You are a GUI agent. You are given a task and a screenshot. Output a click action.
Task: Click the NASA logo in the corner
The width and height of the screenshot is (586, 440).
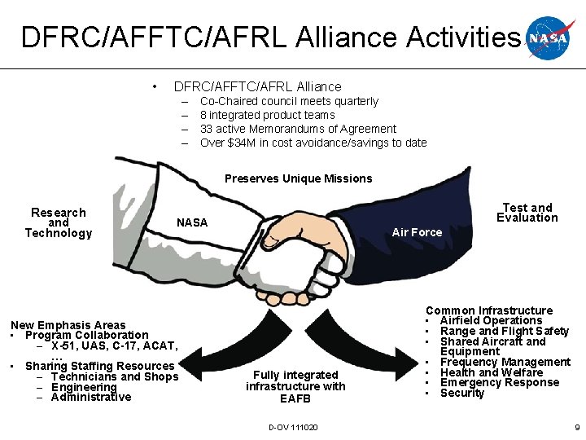pyautogui.click(x=552, y=37)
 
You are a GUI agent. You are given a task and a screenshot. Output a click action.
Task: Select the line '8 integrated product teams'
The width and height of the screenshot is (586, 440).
pyautogui.click(x=267, y=115)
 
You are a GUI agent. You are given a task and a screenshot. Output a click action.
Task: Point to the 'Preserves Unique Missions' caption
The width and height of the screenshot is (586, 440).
pyautogui.click(x=298, y=178)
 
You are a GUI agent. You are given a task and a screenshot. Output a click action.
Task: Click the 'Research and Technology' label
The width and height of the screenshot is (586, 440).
pyautogui.click(x=59, y=222)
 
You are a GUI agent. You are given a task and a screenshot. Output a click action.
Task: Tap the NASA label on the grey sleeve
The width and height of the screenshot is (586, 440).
pyautogui.click(x=192, y=222)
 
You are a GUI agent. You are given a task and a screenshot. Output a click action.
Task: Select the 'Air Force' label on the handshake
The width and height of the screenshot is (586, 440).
pyautogui.click(x=417, y=232)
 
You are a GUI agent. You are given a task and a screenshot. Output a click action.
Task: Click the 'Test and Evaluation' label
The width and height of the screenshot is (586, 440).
pyautogui.click(x=527, y=213)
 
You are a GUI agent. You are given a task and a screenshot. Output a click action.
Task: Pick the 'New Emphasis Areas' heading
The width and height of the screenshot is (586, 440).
pyautogui.click(x=68, y=325)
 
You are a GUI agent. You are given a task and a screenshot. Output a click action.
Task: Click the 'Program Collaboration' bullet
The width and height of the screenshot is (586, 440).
pyautogui.click(x=87, y=335)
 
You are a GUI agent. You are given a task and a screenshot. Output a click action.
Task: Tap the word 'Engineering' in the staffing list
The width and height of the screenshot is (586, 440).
pyautogui.click(x=84, y=387)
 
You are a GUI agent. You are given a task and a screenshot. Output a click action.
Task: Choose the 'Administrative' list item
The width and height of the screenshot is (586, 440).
pyautogui.click(x=91, y=397)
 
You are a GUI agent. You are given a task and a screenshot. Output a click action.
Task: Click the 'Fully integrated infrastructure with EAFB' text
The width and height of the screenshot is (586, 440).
pyautogui.click(x=295, y=386)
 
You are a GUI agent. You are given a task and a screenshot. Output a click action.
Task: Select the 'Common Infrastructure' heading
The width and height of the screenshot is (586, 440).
pyautogui.click(x=489, y=310)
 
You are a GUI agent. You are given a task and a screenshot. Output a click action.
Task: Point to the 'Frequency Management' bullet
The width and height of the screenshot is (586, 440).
pyautogui.click(x=505, y=362)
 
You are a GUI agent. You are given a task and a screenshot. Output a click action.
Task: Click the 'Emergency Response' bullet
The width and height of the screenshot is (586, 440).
pyautogui.click(x=500, y=382)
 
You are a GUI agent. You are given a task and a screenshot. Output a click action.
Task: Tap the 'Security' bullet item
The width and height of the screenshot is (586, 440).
pyautogui.click(x=462, y=393)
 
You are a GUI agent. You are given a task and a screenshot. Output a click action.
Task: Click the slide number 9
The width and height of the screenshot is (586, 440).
pyautogui.click(x=577, y=427)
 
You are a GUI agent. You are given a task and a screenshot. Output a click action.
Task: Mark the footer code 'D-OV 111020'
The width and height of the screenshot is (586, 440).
pyautogui.click(x=293, y=427)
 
